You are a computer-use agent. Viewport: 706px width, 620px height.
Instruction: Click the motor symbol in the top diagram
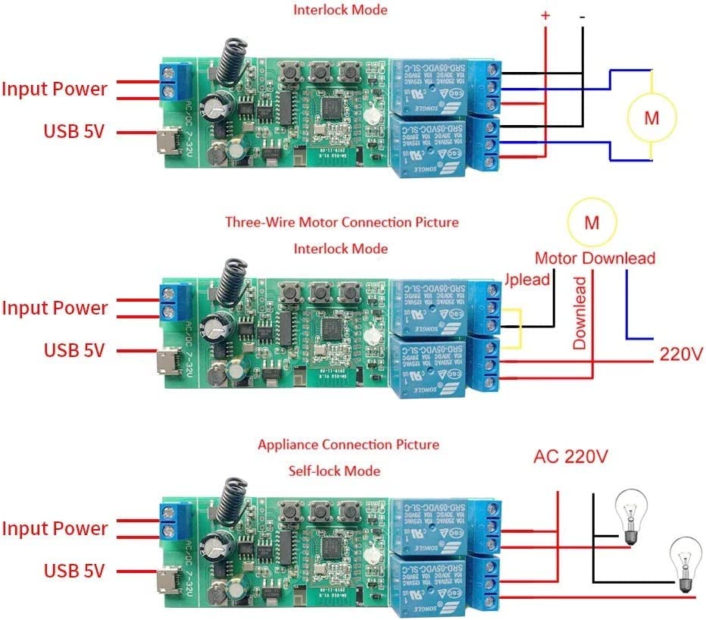click(x=651, y=117)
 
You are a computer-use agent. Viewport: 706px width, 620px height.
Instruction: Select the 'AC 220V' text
click(x=571, y=457)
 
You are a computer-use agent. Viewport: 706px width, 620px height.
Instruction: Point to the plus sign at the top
click(x=545, y=15)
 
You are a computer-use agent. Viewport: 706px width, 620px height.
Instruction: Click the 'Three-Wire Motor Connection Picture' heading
click(x=342, y=222)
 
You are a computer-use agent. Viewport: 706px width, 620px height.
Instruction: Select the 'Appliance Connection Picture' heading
click(x=348, y=444)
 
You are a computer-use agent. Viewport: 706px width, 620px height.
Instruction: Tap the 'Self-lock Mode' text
click(x=334, y=471)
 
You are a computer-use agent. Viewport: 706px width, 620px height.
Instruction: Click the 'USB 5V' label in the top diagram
click(x=73, y=130)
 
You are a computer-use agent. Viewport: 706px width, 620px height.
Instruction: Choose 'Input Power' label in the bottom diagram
click(x=55, y=528)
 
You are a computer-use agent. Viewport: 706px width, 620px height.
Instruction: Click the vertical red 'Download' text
click(x=580, y=312)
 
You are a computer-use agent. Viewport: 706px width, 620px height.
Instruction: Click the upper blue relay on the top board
click(x=427, y=86)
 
